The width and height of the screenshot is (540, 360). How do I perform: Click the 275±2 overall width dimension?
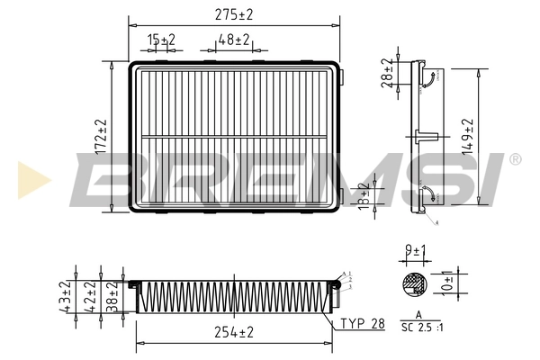coord(234,14)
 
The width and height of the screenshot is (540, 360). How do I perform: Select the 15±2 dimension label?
coord(162,40)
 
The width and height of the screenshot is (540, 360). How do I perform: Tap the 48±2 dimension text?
coord(234,40)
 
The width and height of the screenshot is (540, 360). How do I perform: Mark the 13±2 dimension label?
coord(363,195)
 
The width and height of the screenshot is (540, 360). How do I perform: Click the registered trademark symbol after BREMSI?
coord(515,159)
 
